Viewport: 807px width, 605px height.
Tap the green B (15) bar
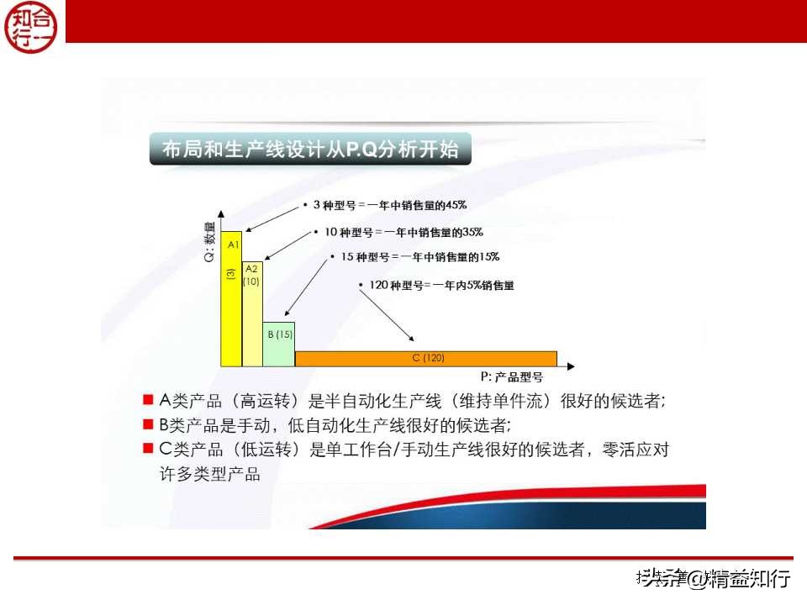279,345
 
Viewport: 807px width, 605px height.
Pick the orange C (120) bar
426,359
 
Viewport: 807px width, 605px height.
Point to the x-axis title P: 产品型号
512,377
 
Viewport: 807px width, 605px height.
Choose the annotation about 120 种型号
436,285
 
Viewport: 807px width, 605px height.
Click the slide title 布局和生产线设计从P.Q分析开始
310,150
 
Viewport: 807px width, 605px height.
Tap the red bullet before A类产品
148,400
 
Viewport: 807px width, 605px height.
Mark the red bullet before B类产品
148,424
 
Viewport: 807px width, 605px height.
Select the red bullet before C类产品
148,450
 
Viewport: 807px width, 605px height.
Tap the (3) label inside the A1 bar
230,275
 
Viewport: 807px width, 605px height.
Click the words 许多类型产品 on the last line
210,474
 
